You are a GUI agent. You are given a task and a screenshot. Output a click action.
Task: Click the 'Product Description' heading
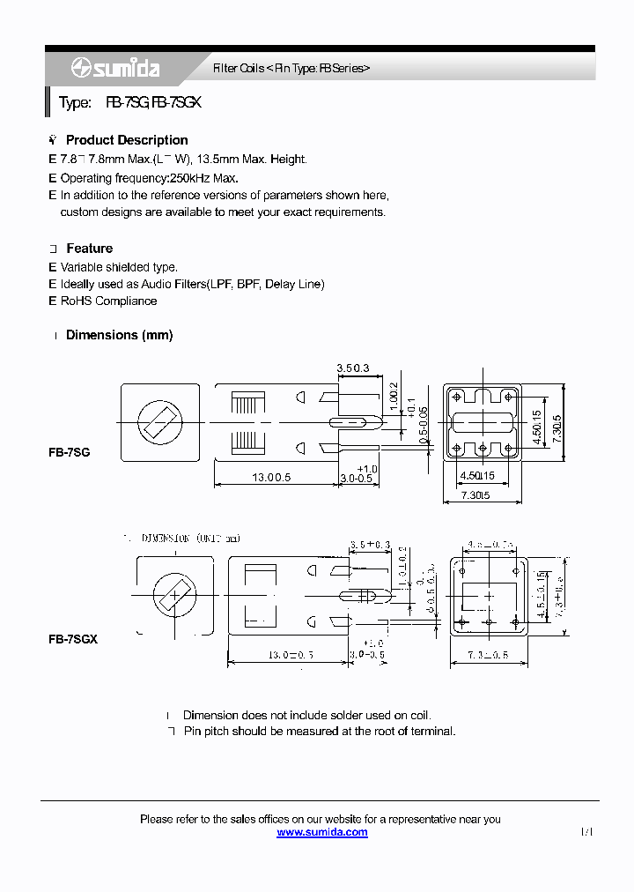tap(127, 140)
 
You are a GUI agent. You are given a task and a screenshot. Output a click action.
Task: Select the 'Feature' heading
tap(89, 249)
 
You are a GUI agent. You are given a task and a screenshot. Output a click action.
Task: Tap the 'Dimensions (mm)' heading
tap(119, 335)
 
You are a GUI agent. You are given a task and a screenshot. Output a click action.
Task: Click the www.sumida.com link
tap(322, 832)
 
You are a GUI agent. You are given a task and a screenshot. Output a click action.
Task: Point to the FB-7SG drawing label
tap(69, 451)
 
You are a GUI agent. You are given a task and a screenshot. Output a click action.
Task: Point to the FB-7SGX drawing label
tap(72, 639)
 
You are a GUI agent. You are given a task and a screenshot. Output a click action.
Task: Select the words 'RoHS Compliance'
tap(108, 301)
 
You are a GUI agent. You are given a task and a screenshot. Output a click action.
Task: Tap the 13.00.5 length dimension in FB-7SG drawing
tap(271, 477)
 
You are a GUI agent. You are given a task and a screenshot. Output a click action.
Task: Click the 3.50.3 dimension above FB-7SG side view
tap(352, 368)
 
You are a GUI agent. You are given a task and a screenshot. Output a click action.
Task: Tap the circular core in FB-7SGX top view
tap(174, 597)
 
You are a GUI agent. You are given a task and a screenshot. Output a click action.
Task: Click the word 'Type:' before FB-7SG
tap(75, 103)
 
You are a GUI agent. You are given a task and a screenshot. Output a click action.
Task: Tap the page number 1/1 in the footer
tap(587, 832)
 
